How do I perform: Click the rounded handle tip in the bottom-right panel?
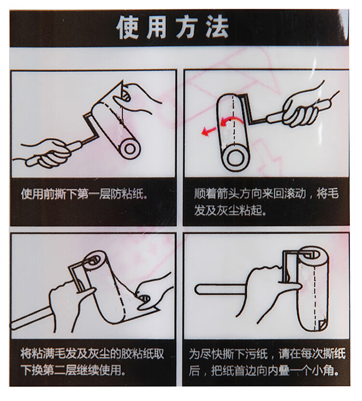coord(200,289)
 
